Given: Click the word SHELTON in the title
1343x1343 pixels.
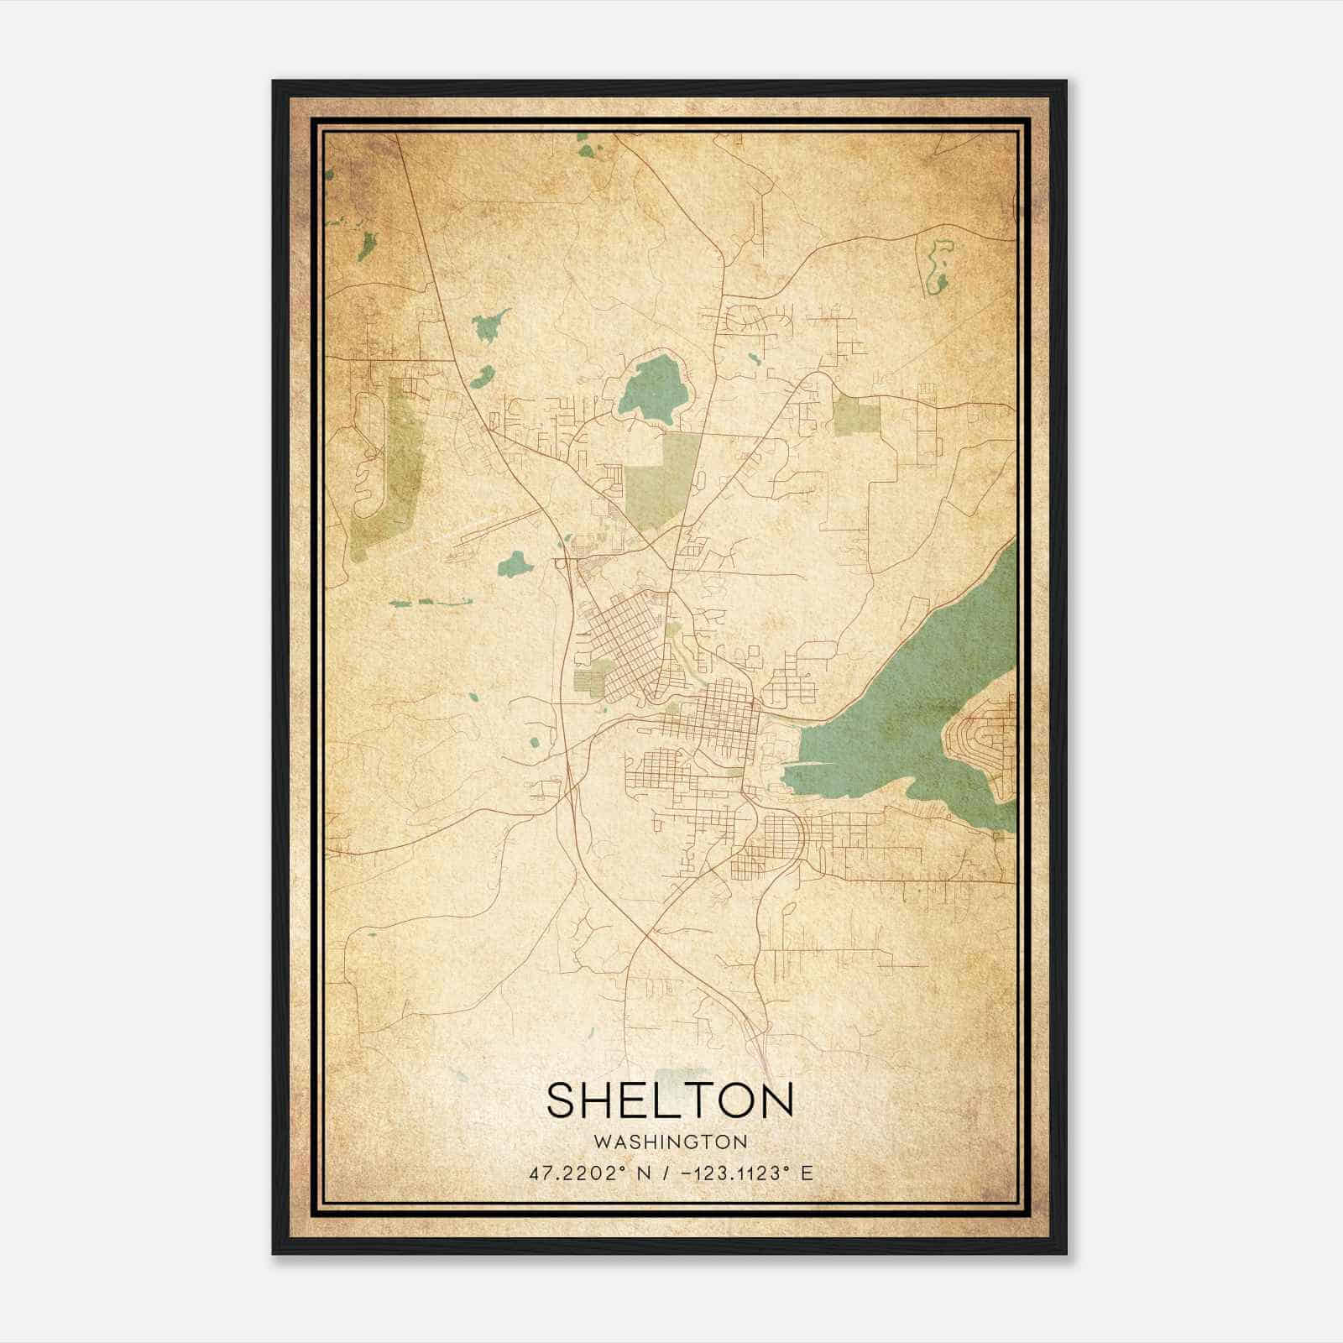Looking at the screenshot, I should [x=670, y=1100].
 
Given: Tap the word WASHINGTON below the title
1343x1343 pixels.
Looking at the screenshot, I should [x=670, y=1142].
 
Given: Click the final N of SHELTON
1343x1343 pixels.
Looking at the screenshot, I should [x=777, y=1100].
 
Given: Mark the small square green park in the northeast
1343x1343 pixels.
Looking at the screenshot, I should [x=856, y=415].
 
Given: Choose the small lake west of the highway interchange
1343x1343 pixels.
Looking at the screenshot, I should [x=515, y=563].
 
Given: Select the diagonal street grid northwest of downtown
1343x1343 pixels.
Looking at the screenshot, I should [x=621, y=646].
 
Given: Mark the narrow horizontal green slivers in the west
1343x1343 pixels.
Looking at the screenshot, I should [x=428, y=602].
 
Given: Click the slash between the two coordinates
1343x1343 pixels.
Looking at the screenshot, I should [x=665, y=1173].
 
